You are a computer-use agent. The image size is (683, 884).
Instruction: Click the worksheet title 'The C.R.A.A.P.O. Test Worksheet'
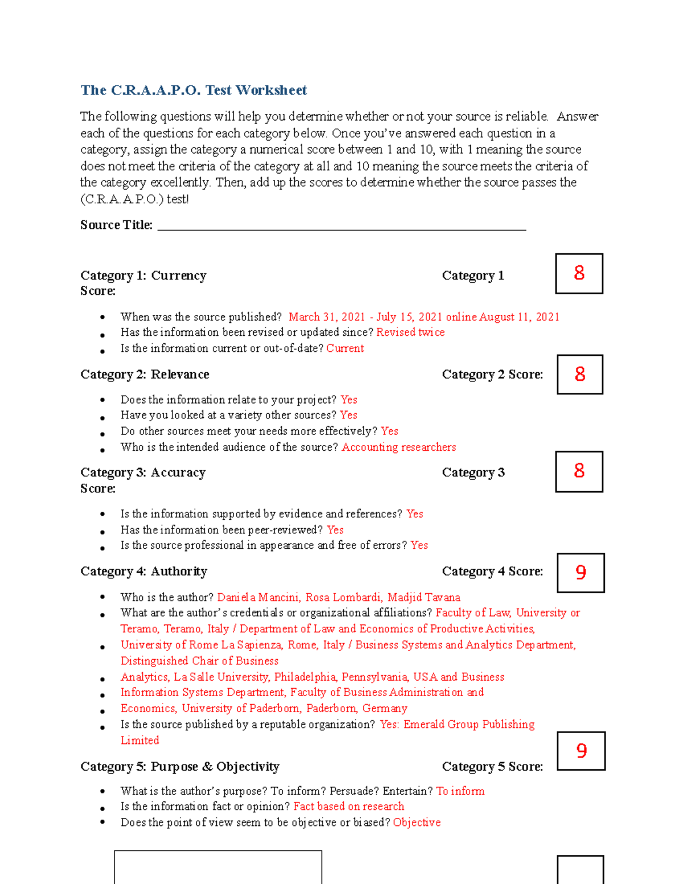[x=194, y=91]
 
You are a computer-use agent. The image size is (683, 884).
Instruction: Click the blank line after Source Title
[x=341, y=225]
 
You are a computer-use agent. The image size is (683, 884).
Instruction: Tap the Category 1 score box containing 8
[x=579, y=274]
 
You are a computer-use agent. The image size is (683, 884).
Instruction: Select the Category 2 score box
[x=579, y=375]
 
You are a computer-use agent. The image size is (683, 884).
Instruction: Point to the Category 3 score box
[x=579, y=471]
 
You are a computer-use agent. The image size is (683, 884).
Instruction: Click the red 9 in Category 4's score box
[x=581, y=573]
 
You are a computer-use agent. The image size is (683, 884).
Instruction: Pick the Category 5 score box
[x=581, y=751]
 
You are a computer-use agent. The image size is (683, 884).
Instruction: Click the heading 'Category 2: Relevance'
[x=145, y=375]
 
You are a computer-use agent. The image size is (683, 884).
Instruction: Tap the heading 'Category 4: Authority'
[x=143, y=571]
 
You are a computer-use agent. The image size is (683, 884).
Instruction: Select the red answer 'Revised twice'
[x=410, y=332]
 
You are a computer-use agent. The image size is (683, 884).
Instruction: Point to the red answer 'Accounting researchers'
[x=398, y=447]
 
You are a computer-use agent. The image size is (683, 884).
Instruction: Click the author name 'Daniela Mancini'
[x=258, y=598]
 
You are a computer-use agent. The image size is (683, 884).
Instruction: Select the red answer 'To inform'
[x=460, y=791]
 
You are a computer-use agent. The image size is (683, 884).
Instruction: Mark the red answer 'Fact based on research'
[x=348, y=807]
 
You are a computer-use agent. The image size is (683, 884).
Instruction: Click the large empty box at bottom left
[x=218, y=867]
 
